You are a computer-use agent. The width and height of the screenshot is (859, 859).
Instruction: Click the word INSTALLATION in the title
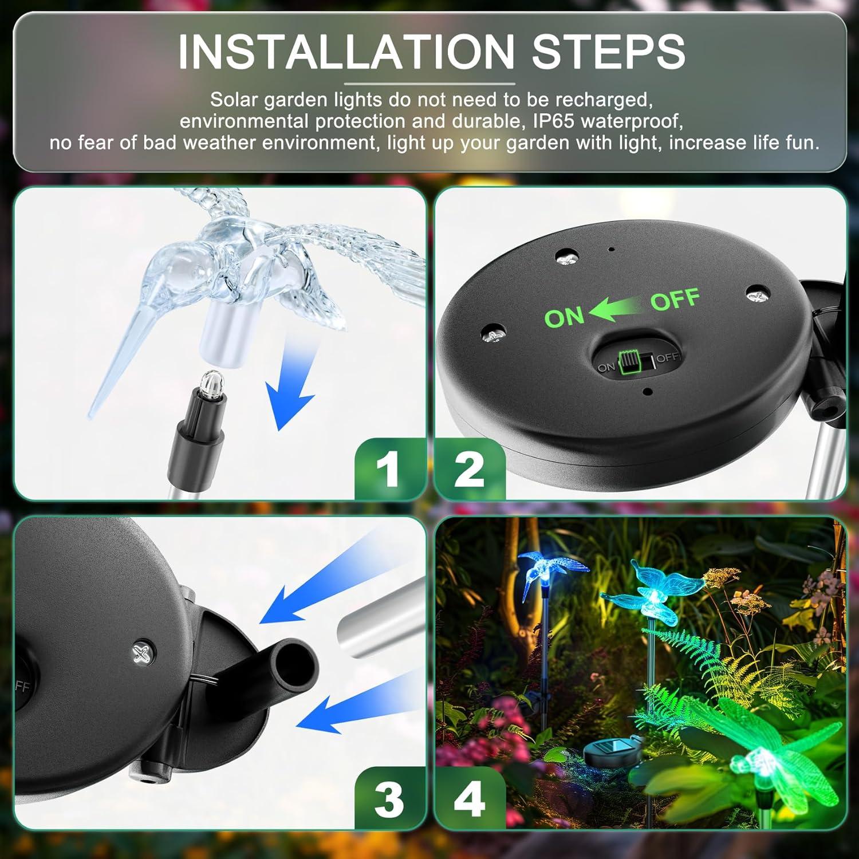[346, 52]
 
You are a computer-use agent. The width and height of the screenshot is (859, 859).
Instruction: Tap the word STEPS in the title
[608, 52]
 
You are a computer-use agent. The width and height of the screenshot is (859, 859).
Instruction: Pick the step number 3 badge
[389, 799]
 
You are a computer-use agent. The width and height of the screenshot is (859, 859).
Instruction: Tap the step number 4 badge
[470, 799]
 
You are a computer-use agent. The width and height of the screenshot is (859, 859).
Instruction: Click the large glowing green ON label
[564, 317]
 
